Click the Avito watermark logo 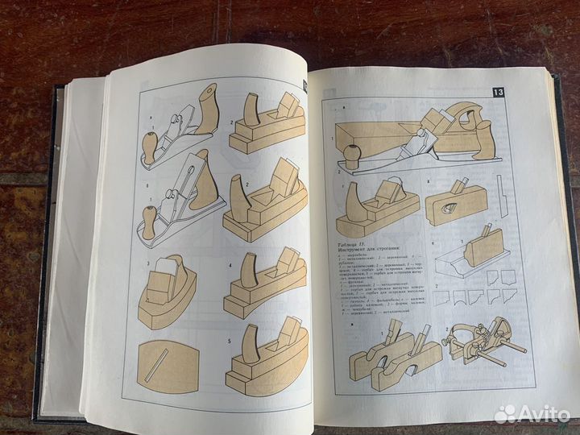(532, 413)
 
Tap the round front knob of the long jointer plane (352, 155)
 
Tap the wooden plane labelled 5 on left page (266, 358)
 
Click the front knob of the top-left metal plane (150, 147)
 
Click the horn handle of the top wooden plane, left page (251, 111)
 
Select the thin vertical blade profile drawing (503, 201)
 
